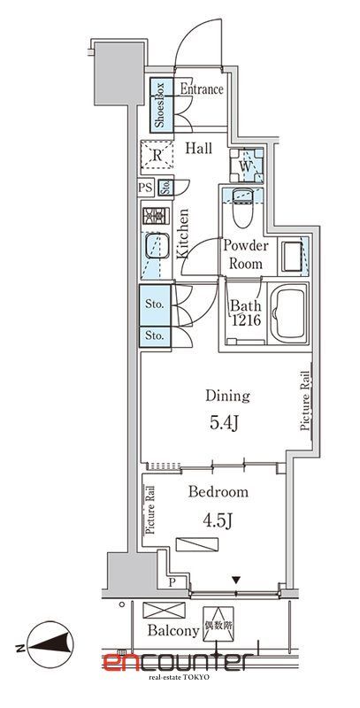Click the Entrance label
click(x=202, y=89)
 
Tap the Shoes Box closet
click(x=162, y=105)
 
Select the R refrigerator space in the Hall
click(x=157, y=155)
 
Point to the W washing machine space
click(x=246, y=165)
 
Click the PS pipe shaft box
click(x=146, y=188)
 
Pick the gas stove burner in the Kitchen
click(x=156, y=216)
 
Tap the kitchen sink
click(x=156, y=248)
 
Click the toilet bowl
click(x=242, y=208)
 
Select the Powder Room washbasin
click(x=292, y=256)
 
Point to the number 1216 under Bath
click(x=246, y=321)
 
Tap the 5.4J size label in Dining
click(x=224, y=423)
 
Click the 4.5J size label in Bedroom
click(x=217, y=521)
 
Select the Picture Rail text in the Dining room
click(x=305, y=401)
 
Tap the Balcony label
click(x=173, y=631)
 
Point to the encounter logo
click(x=176, y=663)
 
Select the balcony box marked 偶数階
click(x=218, y=623)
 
